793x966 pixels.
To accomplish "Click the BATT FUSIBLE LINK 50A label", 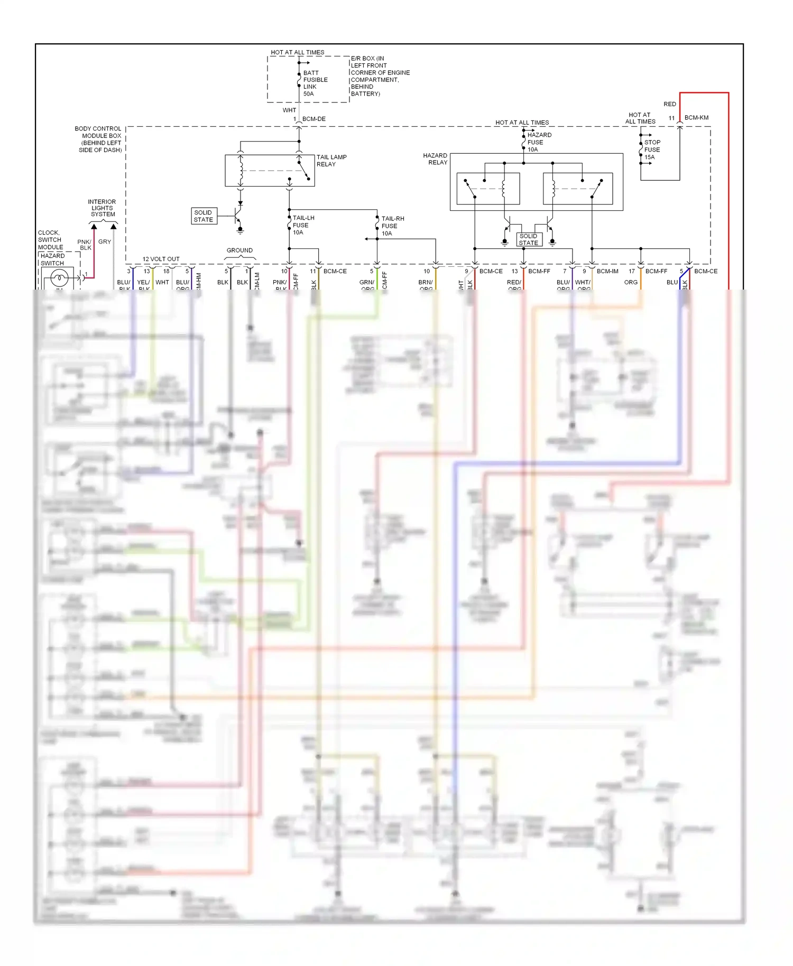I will tap(315, 83).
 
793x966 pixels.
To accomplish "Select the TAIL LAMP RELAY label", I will tap(331, 161).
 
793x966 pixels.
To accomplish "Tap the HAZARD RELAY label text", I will tap(435, 159).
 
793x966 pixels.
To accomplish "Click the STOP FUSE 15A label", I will tap(651, 150).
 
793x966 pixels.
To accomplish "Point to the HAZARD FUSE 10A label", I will tap(539, 142).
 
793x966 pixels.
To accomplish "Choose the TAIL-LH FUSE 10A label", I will tap(303, 225).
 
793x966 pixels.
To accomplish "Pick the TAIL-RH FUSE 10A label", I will tap(392, 226).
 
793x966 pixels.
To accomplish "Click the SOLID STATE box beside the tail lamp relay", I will tap(204, 216).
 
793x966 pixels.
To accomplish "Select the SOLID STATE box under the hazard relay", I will tap(529, 239).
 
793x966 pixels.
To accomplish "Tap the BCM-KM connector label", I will tap(696, 118).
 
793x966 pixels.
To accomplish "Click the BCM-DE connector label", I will tap(313, 119).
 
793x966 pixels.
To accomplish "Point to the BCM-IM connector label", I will tap(607, 271).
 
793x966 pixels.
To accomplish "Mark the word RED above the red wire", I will tap(670, 104).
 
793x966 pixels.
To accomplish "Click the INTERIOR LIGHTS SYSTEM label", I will tap(102, 208).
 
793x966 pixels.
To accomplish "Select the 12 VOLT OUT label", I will tap(161, 259).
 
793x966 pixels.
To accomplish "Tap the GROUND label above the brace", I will tap(239, 250).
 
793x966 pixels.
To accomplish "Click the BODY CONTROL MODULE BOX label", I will tap(99, 140).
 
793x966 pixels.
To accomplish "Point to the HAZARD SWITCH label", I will tap(52, 259).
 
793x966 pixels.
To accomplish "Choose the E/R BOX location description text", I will tap(380, 76).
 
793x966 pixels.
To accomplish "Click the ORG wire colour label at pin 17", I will tap(630, 282).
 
